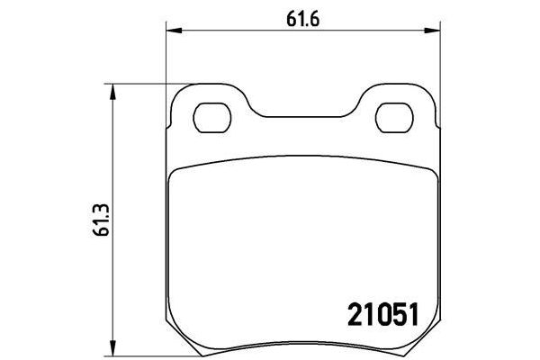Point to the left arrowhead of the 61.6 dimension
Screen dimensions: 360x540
point(171,33)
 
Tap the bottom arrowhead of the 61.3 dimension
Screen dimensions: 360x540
point(112,349)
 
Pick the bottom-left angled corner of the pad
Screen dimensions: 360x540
point(180,340)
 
